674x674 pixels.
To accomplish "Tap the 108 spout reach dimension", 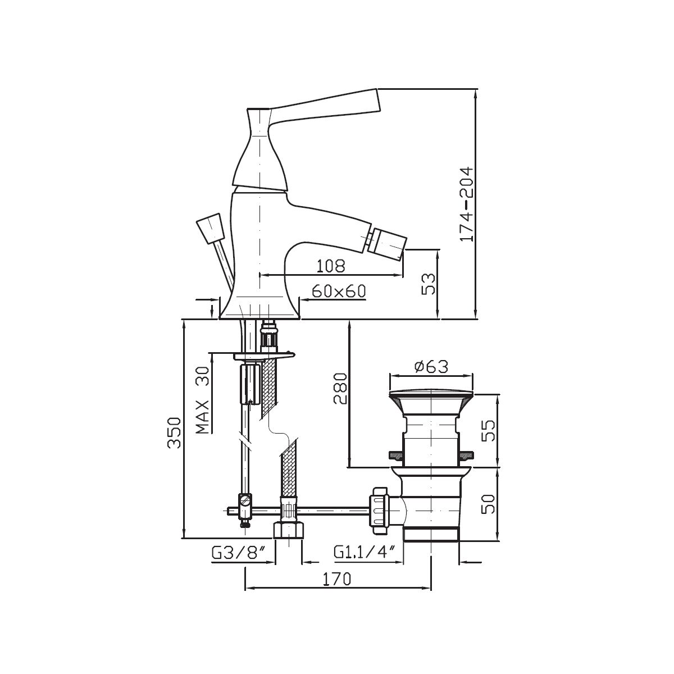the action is (x=330, y=266).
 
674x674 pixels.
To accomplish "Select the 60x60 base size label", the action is (x=339, y=291).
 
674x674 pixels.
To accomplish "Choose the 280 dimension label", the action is (x=341, y=389).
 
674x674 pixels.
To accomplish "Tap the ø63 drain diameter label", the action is (x=431, y=367).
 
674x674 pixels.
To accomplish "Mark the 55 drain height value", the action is (x=489, y=430).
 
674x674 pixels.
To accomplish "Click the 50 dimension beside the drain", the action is (x=489, y=504).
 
